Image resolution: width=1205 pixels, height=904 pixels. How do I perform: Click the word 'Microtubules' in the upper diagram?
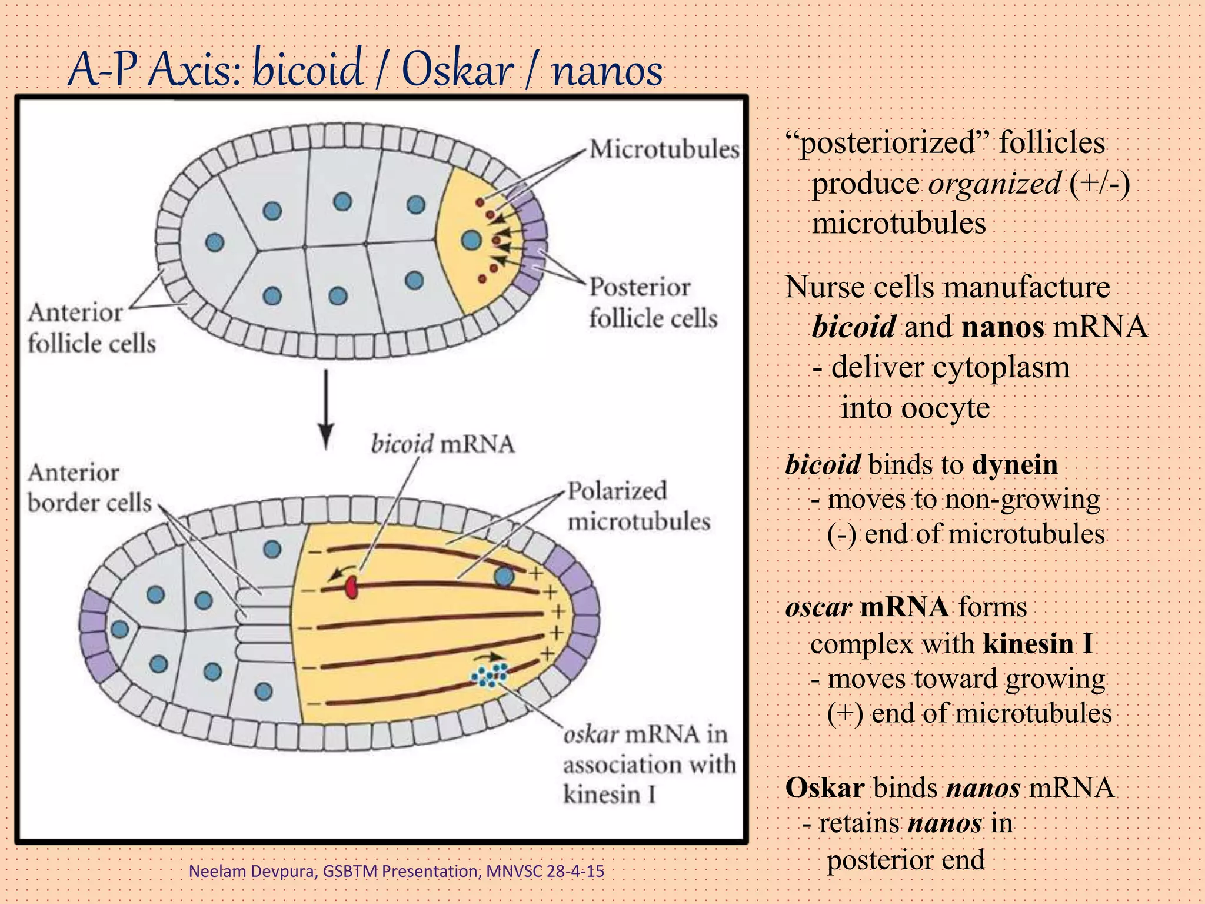click(664, 149)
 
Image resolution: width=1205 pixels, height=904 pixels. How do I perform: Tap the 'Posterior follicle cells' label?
click(653, 303)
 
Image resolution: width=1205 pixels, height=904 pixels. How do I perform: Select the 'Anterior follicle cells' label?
click(91, 328)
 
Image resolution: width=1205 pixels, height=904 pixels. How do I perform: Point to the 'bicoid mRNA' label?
click(442, 444)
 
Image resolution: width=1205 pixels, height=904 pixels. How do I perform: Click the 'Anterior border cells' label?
click(89, 488)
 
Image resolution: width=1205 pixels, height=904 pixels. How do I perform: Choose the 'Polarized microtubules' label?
click(638, 506)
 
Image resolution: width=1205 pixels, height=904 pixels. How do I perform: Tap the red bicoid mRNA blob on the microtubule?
click(351, 587)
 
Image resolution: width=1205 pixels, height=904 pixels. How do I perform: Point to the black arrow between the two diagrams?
click(326, 409)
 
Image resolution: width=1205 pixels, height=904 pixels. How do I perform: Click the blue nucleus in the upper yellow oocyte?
click(471, 240)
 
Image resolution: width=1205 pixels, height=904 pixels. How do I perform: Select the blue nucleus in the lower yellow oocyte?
click(504, 576)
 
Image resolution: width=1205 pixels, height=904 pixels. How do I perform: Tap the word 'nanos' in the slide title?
click(608, 71)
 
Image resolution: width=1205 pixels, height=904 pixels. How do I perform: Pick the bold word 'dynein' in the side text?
click(1015, 465)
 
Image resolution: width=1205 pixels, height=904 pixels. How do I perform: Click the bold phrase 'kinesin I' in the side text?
click(1038, 643)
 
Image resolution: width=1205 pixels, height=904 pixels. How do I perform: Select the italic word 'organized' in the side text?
click(995, 184)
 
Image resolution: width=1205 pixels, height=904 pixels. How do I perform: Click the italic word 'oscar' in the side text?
click(818, 607)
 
